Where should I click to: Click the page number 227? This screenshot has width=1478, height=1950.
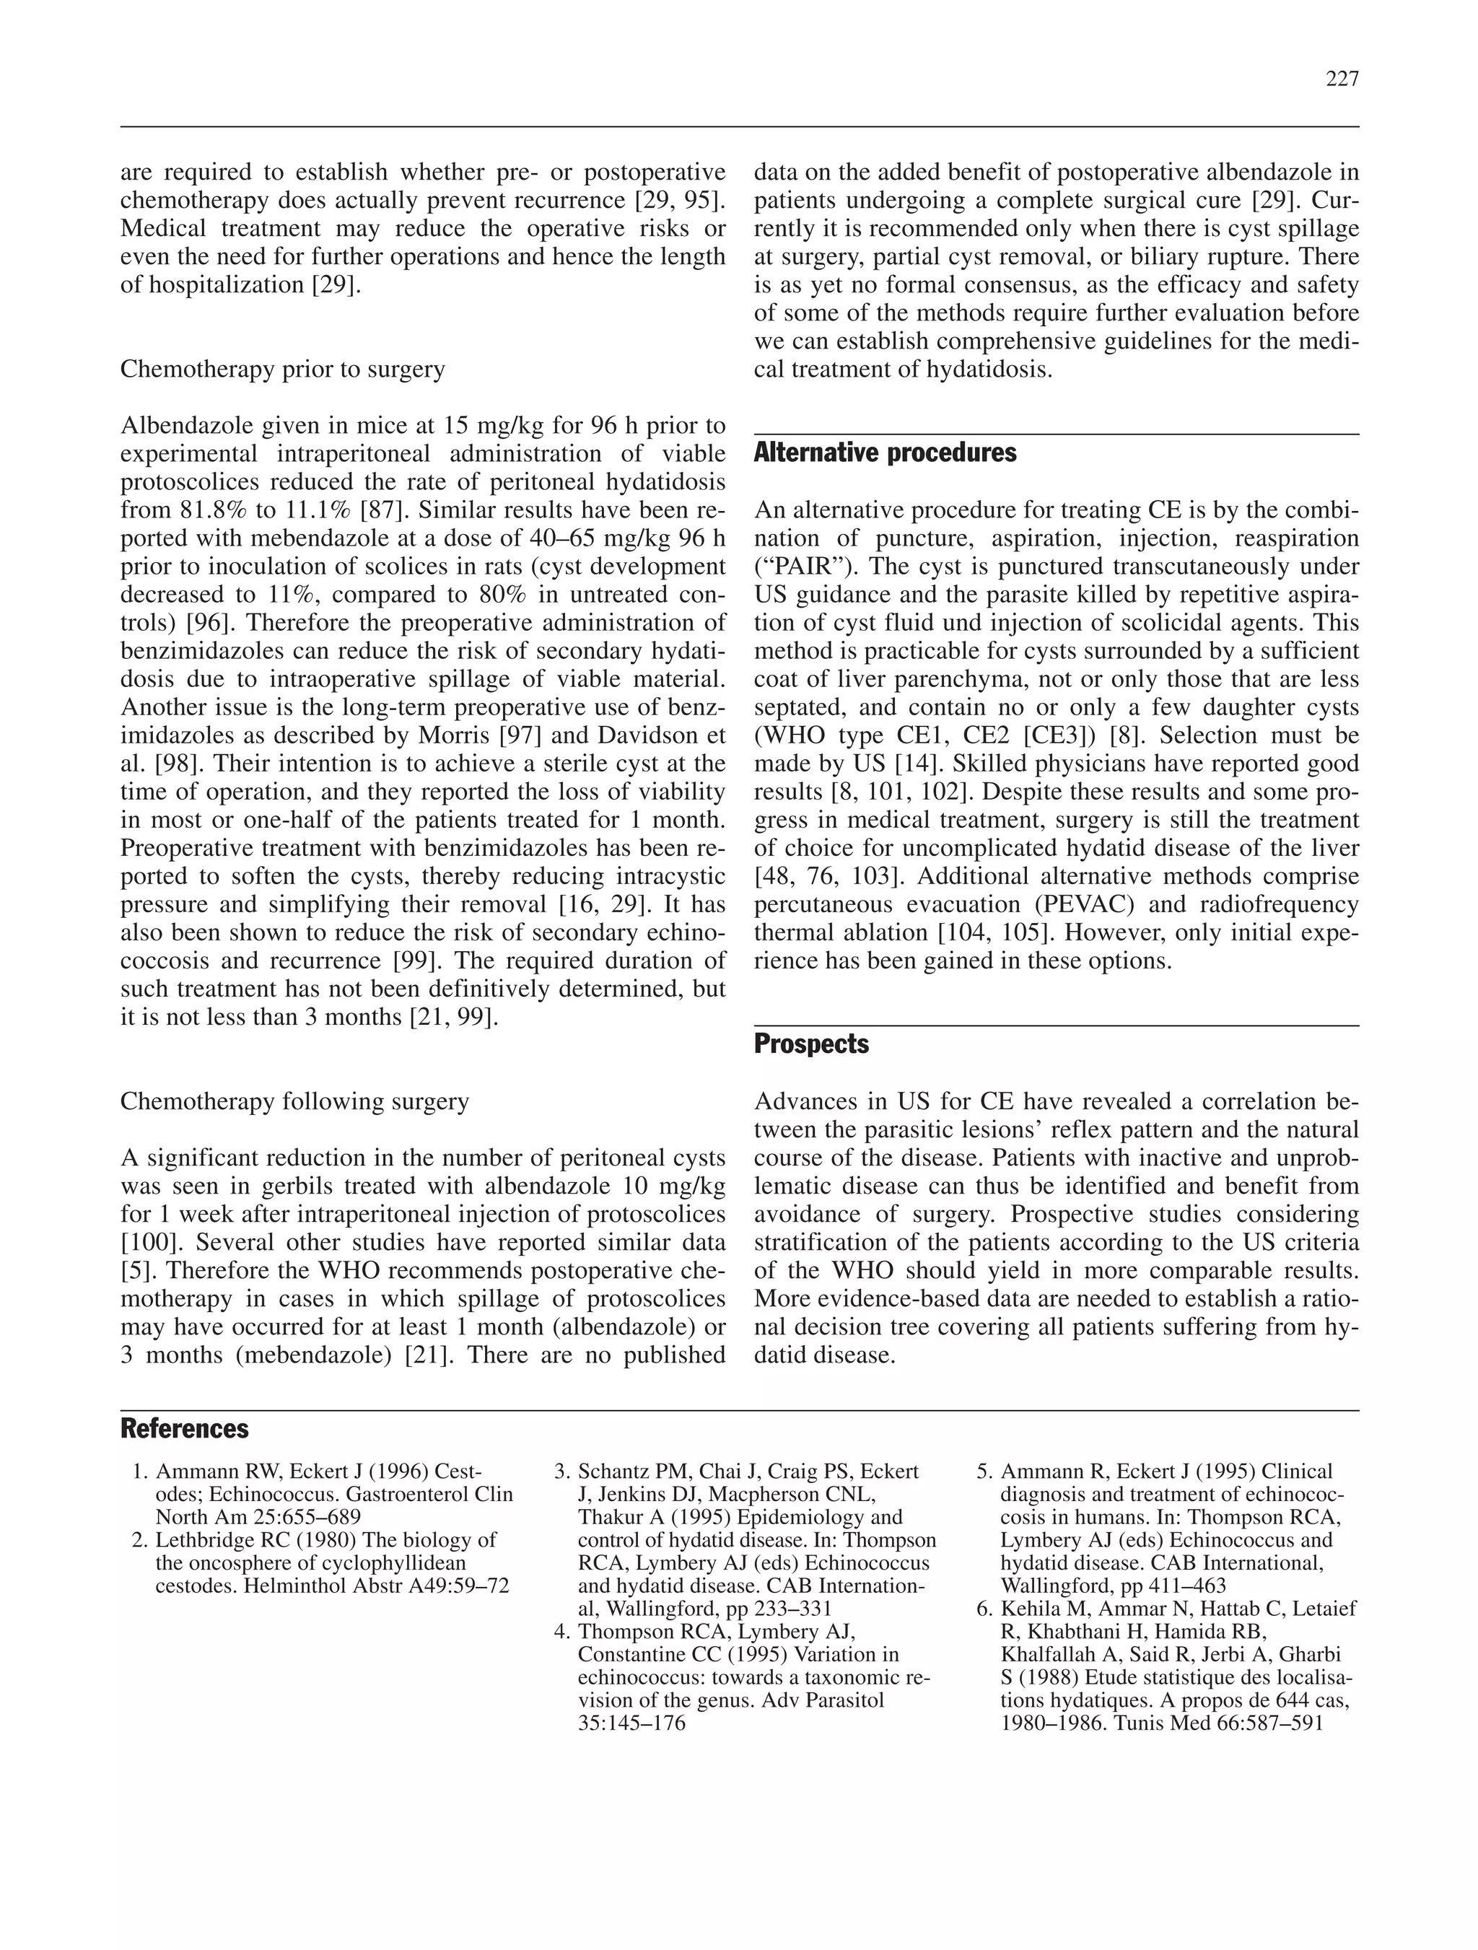pos(1342,79)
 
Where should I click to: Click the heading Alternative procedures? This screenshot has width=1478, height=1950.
pos(885,453)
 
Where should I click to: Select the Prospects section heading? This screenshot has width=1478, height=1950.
pos(811,1045)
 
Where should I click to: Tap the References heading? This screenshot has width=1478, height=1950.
pos(184,1428)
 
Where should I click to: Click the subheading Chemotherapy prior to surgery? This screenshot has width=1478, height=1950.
pos(282,370)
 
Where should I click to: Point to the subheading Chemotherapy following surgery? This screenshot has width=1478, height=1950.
pos(294,1102)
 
